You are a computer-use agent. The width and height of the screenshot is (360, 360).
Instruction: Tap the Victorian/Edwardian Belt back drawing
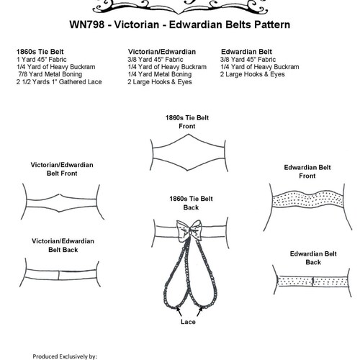(63, 265)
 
